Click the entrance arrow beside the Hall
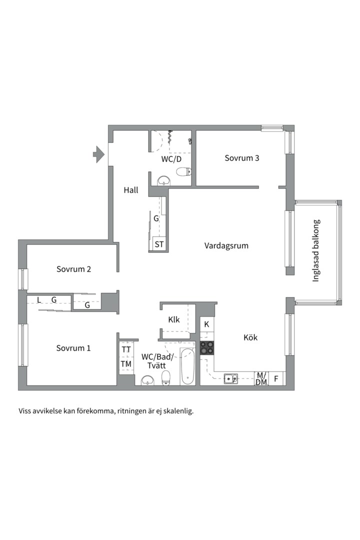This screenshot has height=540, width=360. coord(98,154)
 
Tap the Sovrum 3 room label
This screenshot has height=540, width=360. coord(241,158)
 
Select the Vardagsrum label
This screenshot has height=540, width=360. coord(226,245)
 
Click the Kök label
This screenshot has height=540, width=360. coord(250,337)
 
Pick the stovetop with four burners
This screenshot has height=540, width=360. coord(207,347)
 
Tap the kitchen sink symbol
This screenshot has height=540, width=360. coord(230,378)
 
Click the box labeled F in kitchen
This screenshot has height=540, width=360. coord(276,378)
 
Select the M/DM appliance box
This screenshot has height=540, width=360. coord(261,378)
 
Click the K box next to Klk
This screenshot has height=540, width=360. coord(207,324)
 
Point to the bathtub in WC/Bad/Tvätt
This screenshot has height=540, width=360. coord(187,367)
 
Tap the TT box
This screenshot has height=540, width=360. coord(126,349)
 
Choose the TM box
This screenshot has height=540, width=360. coord(126,364)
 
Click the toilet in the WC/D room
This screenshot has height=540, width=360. coord(183,172)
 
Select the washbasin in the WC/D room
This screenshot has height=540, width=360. coord(163,181)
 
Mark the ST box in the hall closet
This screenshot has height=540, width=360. coord(159,244)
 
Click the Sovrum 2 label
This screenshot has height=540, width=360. coord(73,269)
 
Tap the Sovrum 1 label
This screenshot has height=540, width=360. coord(73,348)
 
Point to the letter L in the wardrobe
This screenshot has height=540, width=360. coord(39,300)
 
